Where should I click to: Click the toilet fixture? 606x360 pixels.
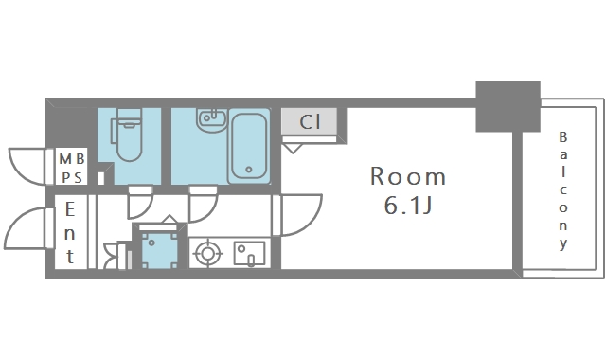click(x=127, y=135)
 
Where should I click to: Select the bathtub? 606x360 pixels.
click(x=249, y=146)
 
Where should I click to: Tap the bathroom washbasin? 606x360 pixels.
click(x=212, y=118)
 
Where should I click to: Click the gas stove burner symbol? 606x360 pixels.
click(x=208, y=254)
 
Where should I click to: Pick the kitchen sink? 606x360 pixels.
click(x=249, y=253)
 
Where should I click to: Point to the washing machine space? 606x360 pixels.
click(x=159, y=249)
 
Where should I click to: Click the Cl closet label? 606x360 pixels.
click(x=310, y=122)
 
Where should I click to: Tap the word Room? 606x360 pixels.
click(x=408, y=176)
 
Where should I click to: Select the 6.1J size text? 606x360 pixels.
click(x=408, y=206)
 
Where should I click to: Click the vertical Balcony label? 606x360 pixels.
click(x=563, y=191)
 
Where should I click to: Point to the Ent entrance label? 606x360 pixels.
click(x=69, y=233)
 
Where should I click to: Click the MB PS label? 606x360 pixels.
click(x=72, y=169)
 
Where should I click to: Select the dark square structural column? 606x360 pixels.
click(x=508, y=107)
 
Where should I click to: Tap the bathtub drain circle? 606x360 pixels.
click(x=249, y=170)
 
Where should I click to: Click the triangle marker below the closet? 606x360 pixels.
click(x=293, y=148)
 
